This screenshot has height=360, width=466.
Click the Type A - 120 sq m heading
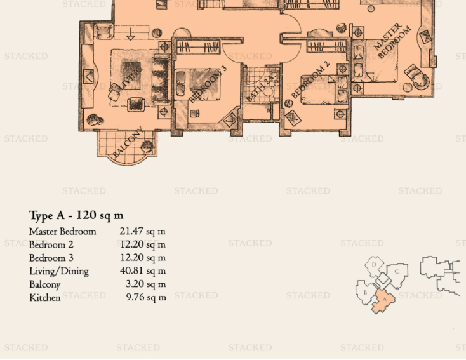pos(76,215)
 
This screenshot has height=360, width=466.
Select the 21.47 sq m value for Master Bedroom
pos(143,231)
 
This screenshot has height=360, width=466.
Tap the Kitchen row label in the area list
pos(45,297)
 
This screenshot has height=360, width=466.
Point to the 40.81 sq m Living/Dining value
pos(143,271)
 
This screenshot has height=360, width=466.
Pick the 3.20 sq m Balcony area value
pos(145,284)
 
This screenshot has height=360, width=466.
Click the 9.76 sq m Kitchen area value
pos(146,297)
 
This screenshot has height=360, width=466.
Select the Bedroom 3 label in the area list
pos(51,258)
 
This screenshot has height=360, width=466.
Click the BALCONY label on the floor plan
pos(128,143)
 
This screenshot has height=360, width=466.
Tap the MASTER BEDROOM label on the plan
pos(392,41)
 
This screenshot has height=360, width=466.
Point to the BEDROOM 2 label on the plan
pos(310,80)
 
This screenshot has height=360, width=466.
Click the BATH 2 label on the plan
pos(260,88)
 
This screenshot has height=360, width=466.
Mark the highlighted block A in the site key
pos(384,301)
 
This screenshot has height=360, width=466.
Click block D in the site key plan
pos(374,265)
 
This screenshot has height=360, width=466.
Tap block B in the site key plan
pos(365,293)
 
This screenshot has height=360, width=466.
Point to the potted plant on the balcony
pos(147,146)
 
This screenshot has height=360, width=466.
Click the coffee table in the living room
pos(132,76)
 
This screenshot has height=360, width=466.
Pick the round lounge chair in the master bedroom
pos(417,77)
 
